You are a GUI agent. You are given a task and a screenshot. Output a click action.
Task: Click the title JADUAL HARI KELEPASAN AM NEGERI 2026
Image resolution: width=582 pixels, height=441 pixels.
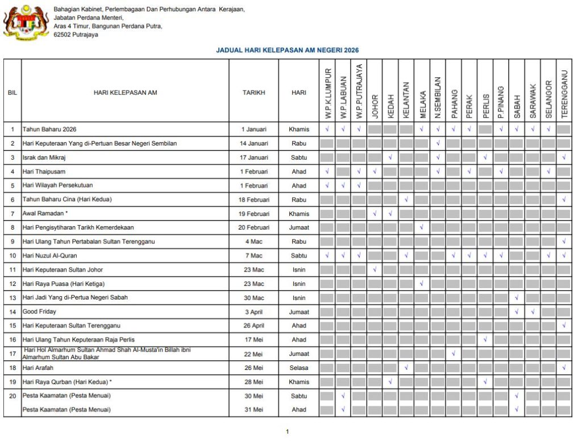click(287, 51)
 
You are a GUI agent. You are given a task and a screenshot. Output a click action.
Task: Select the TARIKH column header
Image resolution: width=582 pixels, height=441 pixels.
click(253, 92)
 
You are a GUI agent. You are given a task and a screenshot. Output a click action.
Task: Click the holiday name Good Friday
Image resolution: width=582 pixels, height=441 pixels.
click(39, 311)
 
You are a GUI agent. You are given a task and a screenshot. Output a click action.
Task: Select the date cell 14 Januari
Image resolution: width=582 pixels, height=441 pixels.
click(253, 143)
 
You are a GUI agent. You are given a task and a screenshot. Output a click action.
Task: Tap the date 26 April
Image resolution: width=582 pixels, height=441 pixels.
click(253, 326)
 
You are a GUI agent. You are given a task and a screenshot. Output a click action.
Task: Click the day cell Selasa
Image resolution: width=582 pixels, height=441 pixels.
click(299, 368)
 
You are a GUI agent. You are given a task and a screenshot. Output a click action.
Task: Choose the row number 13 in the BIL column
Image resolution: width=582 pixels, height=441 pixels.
click(13, 298)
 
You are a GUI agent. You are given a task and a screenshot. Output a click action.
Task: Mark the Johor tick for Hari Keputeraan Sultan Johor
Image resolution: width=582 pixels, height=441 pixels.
click(375, 269)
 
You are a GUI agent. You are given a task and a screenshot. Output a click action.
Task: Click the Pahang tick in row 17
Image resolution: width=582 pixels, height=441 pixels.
click(454, 353)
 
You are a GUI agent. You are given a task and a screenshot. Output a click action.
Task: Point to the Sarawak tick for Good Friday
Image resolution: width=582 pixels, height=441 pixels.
click(533, 311)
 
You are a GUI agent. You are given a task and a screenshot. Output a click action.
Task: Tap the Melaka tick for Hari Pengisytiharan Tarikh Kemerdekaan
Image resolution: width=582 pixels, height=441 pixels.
click(422, 227)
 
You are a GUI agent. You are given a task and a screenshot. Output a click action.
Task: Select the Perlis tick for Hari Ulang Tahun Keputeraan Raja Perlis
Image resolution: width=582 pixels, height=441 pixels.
click(485, 339)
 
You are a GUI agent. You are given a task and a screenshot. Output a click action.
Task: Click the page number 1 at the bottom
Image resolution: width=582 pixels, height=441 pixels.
click(287, 432)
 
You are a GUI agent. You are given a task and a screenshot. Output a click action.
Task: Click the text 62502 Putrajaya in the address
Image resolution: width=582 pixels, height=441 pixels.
click(76, 35)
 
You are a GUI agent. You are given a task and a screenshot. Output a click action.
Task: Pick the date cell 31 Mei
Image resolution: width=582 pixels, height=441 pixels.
click(253, 409)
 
